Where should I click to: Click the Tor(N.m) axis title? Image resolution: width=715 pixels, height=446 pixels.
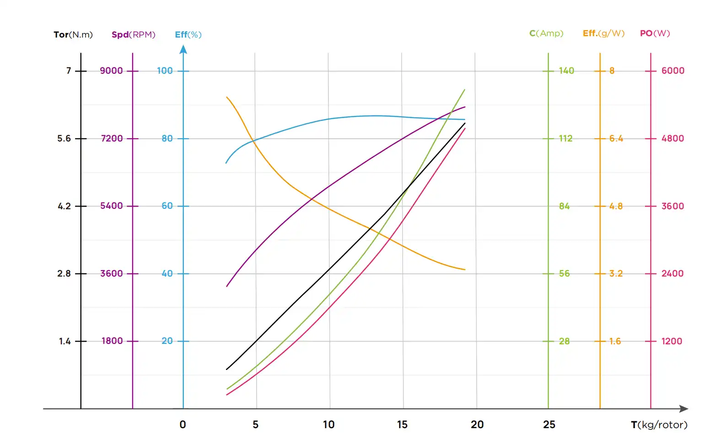(x=73, y=35)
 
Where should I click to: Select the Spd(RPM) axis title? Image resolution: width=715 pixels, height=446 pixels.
(x=134, y=35)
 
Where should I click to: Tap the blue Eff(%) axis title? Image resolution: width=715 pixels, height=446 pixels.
(x=188, y=35)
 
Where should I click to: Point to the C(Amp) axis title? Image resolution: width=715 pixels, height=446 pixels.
(x=546, y=33)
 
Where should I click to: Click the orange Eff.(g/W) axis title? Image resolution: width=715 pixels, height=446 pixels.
(x=603, y=33)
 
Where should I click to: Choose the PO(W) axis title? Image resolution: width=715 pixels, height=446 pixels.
(x=655, y=33)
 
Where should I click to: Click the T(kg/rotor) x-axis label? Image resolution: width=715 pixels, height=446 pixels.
(x=659, y=425)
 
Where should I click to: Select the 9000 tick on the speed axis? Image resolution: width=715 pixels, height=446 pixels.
(x=112, y=71)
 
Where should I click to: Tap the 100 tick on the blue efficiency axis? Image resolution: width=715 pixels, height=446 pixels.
(x=165, y=71)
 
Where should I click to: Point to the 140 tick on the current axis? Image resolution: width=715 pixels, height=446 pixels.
(x=566, y=71)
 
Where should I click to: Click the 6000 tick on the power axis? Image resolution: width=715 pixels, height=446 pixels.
(x=672, y=71)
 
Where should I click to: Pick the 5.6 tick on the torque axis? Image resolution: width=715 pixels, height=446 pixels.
(x=64, y=139)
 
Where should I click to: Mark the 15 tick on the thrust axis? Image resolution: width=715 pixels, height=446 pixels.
(x=402, y=425)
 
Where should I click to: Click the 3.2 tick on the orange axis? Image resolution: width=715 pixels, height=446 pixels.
(x=616, y=274)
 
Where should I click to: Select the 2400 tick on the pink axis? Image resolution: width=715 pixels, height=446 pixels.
(x=672, y=274)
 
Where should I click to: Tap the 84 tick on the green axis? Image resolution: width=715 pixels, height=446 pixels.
(x=564, y=207)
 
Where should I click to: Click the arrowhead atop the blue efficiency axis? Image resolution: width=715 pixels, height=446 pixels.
(x=183, y=49)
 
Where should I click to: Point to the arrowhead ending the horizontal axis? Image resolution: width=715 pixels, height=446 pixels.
(x=684, y=409)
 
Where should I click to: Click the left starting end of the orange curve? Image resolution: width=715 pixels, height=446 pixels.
(x=227, y=97)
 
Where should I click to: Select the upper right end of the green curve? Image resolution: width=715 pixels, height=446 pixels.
(x=464, y=90)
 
